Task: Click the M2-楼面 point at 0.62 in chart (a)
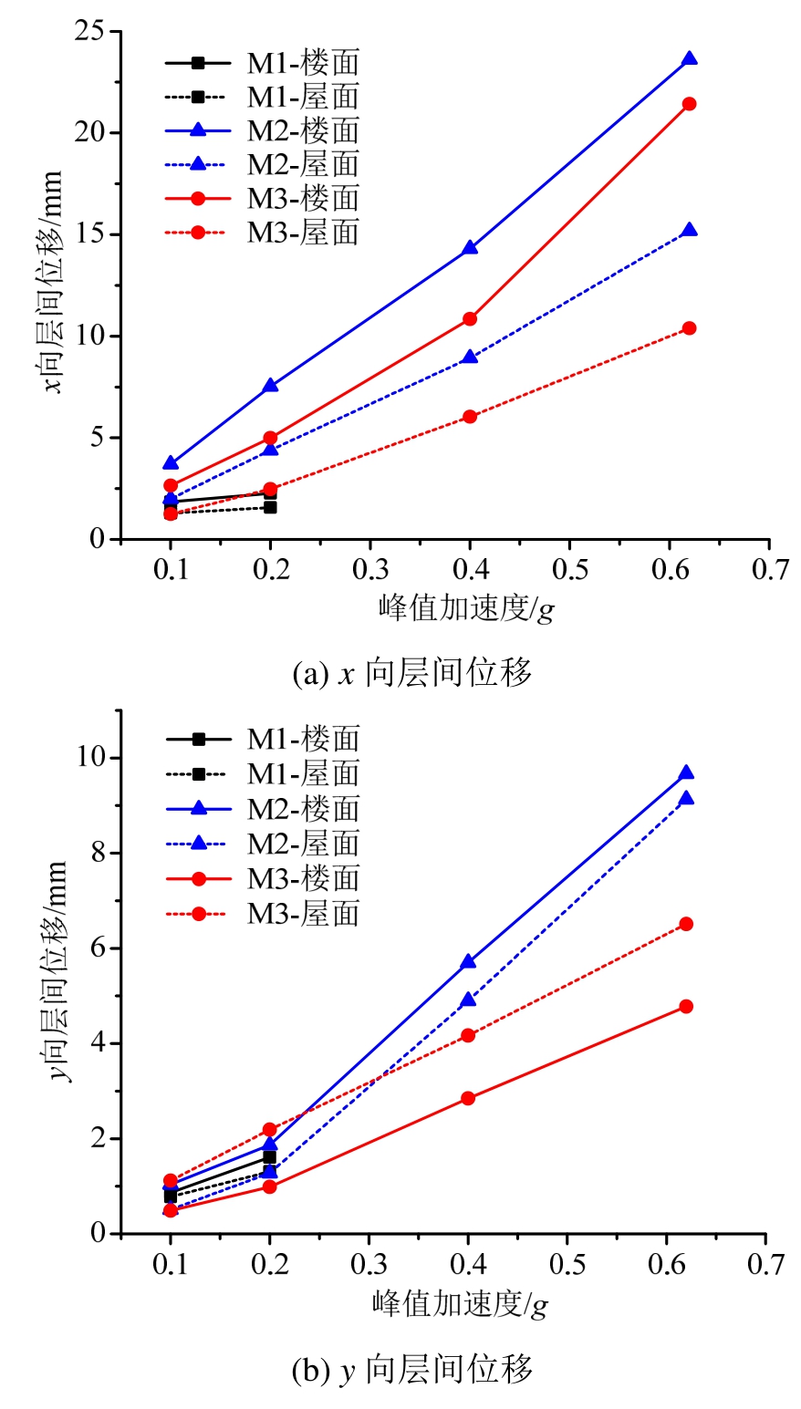[689, 59]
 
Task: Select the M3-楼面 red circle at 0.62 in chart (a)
[689, 104]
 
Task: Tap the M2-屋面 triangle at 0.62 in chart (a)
[689, 231]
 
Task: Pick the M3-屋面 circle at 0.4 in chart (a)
[470, 417]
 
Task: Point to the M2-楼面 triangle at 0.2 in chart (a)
[270, 386]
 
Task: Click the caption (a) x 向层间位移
[411, 674]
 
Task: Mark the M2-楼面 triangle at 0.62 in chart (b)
[686, 773]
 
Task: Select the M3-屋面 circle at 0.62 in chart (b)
[686, 924]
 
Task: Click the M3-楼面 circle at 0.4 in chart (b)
[468, 1098]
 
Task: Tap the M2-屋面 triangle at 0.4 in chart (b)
[468, 1000]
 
